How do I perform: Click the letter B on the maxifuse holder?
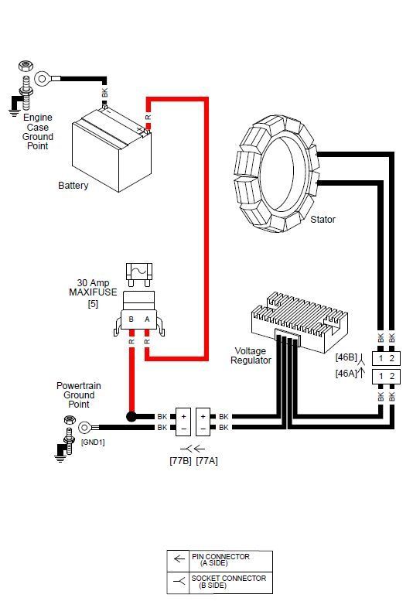point(131,319)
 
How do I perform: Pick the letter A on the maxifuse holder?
point(147,319)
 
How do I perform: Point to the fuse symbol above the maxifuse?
point(139,274)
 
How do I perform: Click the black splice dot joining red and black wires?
point(131,416)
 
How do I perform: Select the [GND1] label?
point(93,442)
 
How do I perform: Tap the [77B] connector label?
point(181,461)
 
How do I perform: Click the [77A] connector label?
point(207,461)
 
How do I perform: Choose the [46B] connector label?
point(346,357)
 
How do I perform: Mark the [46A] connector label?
point(346,374)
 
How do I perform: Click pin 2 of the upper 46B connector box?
point(391,358)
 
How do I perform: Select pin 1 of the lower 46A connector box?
point(381,376)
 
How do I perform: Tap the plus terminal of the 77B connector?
point(183,416)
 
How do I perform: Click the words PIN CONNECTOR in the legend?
point(220,556)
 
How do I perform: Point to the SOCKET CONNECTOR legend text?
point(229,578)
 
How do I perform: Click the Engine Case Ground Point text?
point(38,132)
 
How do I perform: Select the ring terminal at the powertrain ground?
point(84,428)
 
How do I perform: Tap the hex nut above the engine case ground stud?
point(26,67)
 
